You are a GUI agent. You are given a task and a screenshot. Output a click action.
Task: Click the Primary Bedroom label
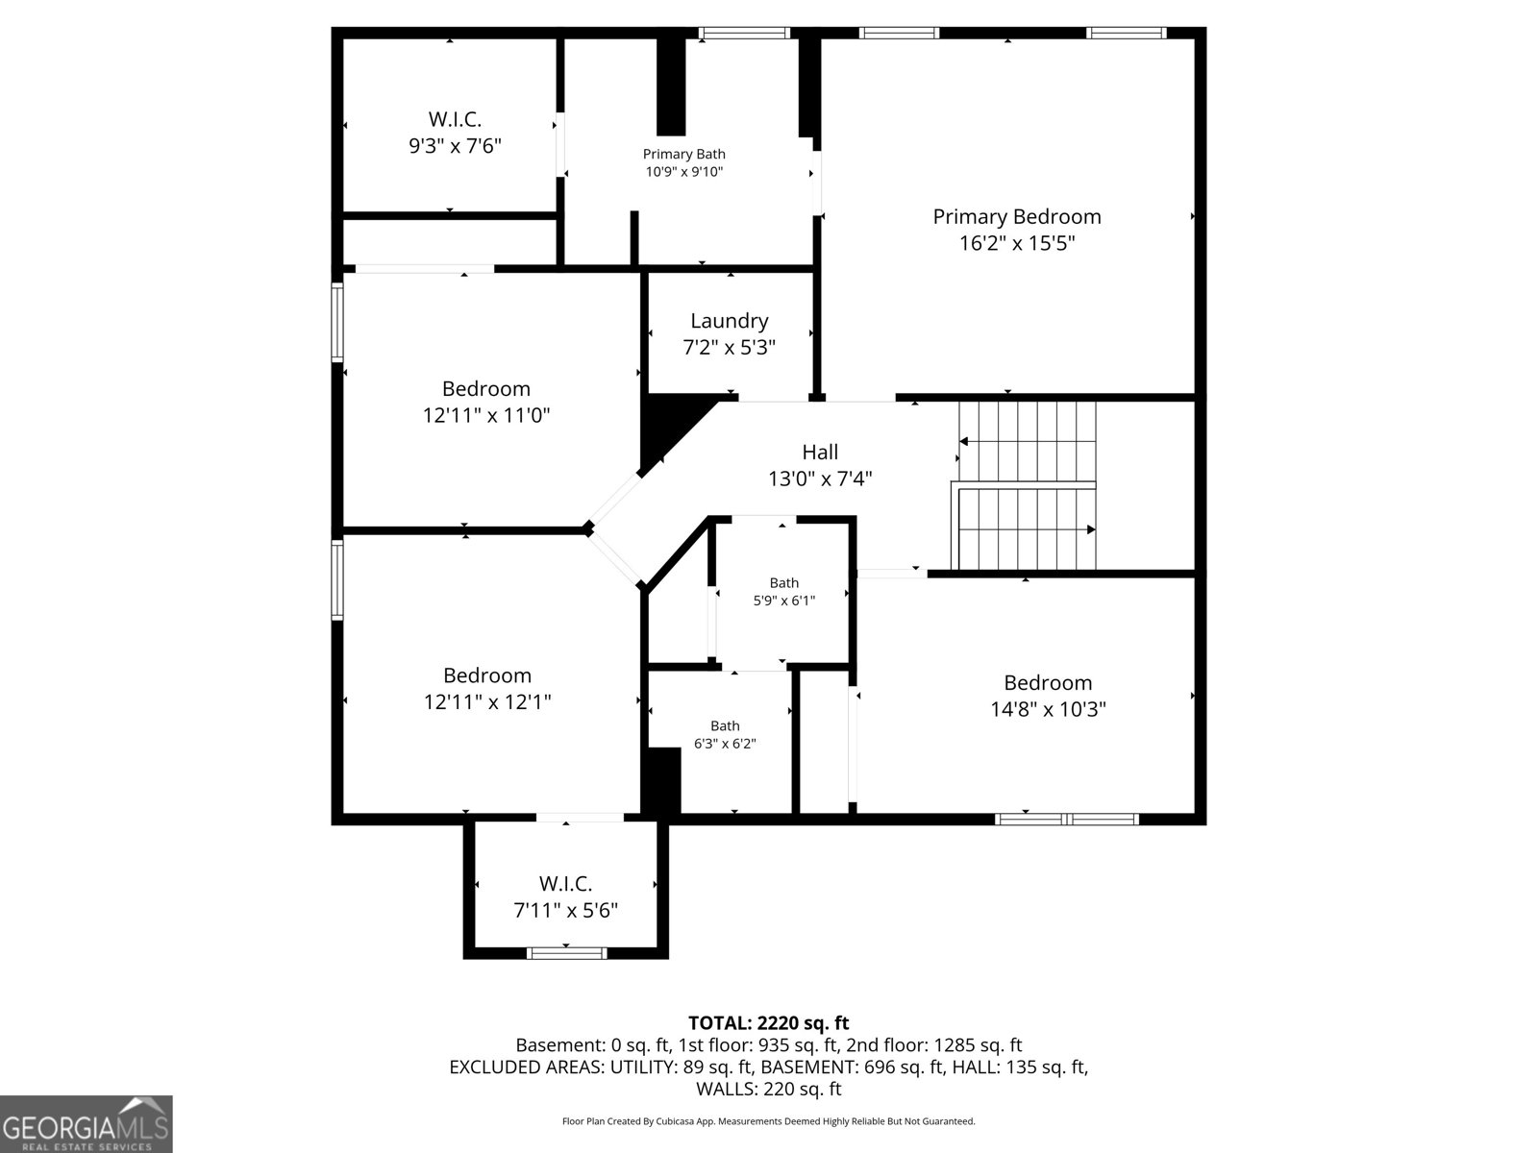1016,216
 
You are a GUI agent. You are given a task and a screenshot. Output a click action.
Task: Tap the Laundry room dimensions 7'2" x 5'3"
729,347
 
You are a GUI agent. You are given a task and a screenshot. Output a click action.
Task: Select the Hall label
820,452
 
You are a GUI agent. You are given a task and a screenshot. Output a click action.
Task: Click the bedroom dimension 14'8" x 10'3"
1048,709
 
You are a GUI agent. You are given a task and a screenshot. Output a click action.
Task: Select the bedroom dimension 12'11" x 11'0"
486,415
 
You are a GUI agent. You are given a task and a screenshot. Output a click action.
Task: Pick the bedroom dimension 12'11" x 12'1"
487,701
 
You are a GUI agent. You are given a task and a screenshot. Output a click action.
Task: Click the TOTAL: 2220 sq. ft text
768,1022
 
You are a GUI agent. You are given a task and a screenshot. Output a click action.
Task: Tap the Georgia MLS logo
86,1123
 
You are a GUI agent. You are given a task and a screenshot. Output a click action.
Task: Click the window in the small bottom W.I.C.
566,953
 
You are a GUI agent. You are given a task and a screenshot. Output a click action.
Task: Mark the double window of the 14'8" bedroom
1066,820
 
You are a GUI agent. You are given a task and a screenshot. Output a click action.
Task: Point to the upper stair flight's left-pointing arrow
963,441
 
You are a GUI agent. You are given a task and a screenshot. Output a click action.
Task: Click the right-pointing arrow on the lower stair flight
1090,529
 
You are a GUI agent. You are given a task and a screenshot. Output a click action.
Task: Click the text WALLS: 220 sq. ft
768,1089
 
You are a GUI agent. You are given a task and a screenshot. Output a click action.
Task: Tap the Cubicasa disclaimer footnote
768,1121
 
